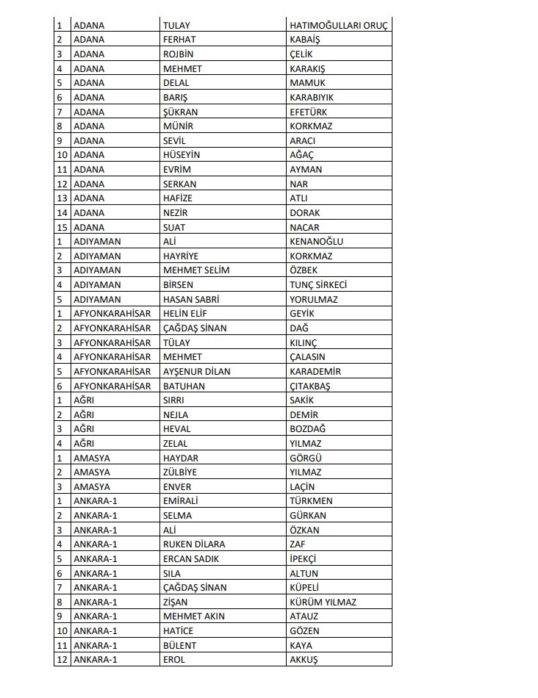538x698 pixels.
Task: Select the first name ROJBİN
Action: click(x=179, y=54)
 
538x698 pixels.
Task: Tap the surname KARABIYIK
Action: click(x=312, y=97)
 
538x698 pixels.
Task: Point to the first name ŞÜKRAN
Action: click(x=180, y=112)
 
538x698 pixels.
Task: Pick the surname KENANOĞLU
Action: click(x=316, y=241)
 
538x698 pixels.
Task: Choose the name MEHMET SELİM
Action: click(x=196, y=270)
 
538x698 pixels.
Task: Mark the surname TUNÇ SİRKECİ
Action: click(x=318, y=284)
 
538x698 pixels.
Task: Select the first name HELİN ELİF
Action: click(x=186, y=313)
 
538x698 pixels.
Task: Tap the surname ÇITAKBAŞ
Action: click(x=310, y=386)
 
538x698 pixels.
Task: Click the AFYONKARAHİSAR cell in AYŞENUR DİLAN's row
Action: click(x=112, y=371)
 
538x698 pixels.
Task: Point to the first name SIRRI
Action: click(x=173, y=400)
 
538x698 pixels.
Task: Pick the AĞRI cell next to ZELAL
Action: click(x=85, y=443)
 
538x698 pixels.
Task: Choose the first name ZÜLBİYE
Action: click(x=179, y=472)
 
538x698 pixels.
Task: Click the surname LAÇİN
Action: click(x=302, y=486)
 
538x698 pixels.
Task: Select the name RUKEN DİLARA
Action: click(x=194, y=544)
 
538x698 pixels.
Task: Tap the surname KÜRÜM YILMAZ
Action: click(x=323, y=602)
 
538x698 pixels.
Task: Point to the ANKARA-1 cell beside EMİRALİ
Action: click(x=95, y=500)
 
